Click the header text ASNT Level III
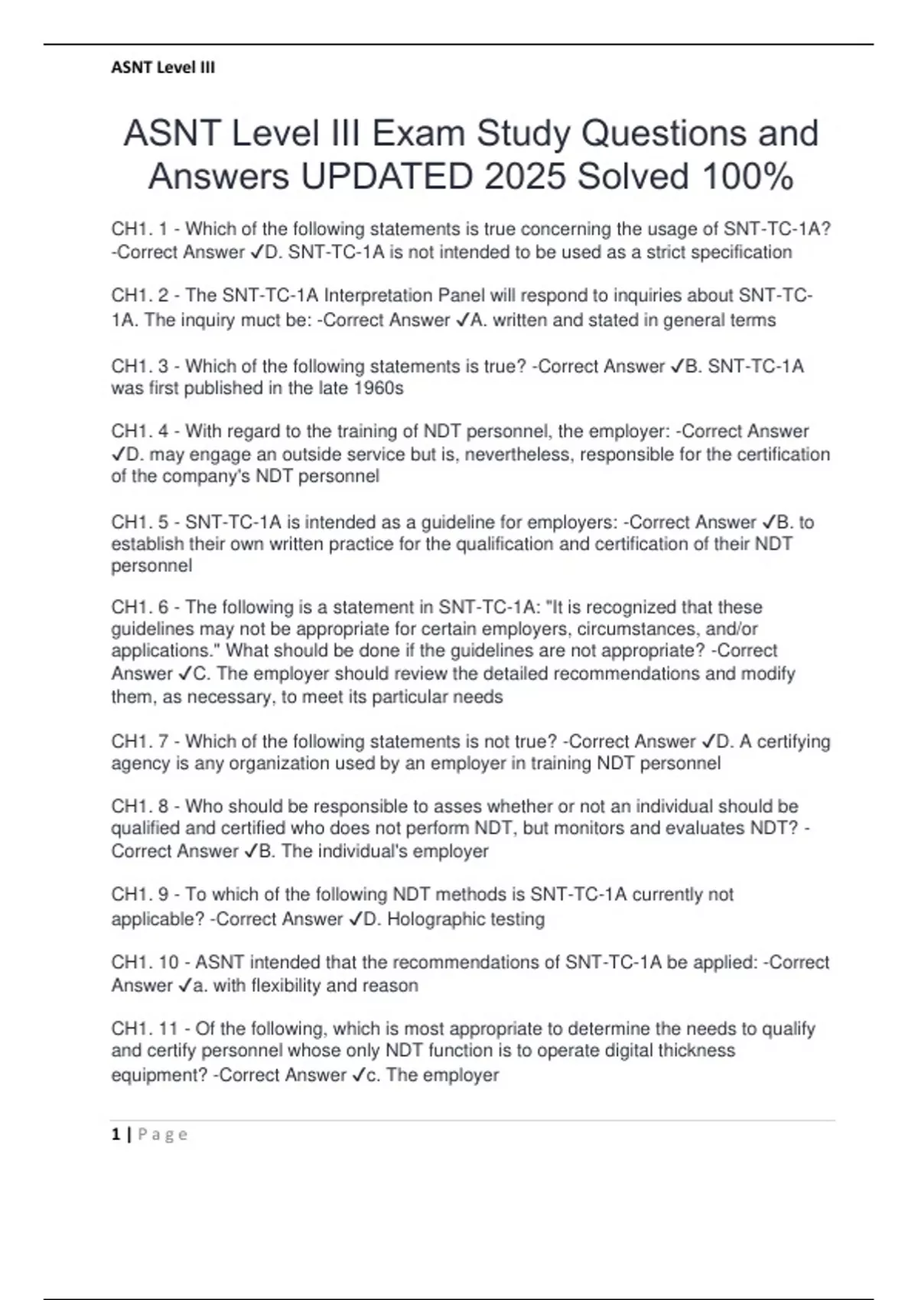[163, 67]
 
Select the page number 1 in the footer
[116, 1134]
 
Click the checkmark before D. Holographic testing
[356, 919]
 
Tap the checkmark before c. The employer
[360, 1075]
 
